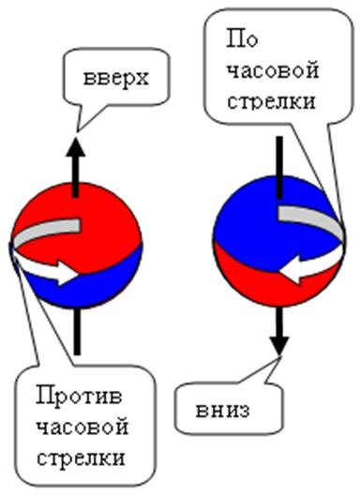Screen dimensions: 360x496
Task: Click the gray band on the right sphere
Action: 309,217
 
